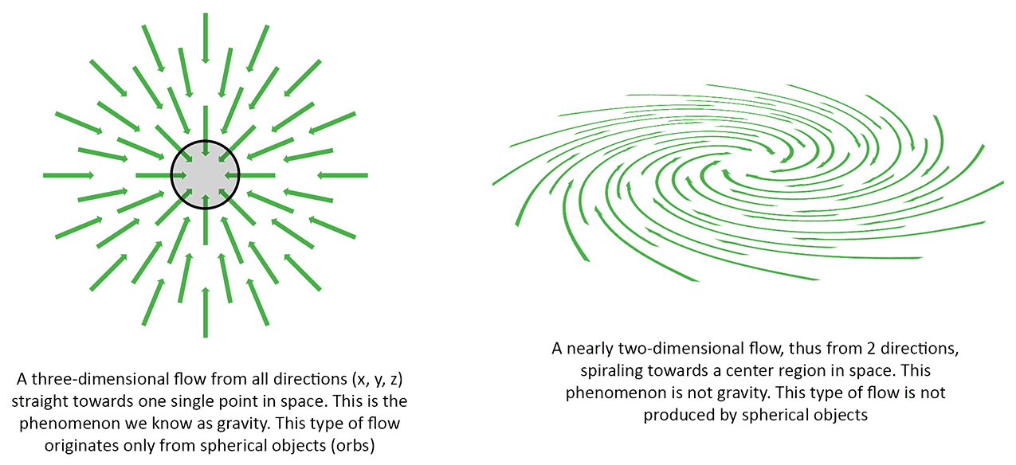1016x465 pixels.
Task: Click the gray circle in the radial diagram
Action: click(205, 175)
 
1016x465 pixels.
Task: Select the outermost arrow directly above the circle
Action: click(206, 38)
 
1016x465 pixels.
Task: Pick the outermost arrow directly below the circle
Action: click(206, 312)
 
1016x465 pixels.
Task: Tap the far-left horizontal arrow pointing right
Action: click(69, 175)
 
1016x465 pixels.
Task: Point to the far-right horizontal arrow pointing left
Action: click(343, 175)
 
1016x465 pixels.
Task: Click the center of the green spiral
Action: click(753, 170)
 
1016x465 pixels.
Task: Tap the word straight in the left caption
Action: click(40, 401)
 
